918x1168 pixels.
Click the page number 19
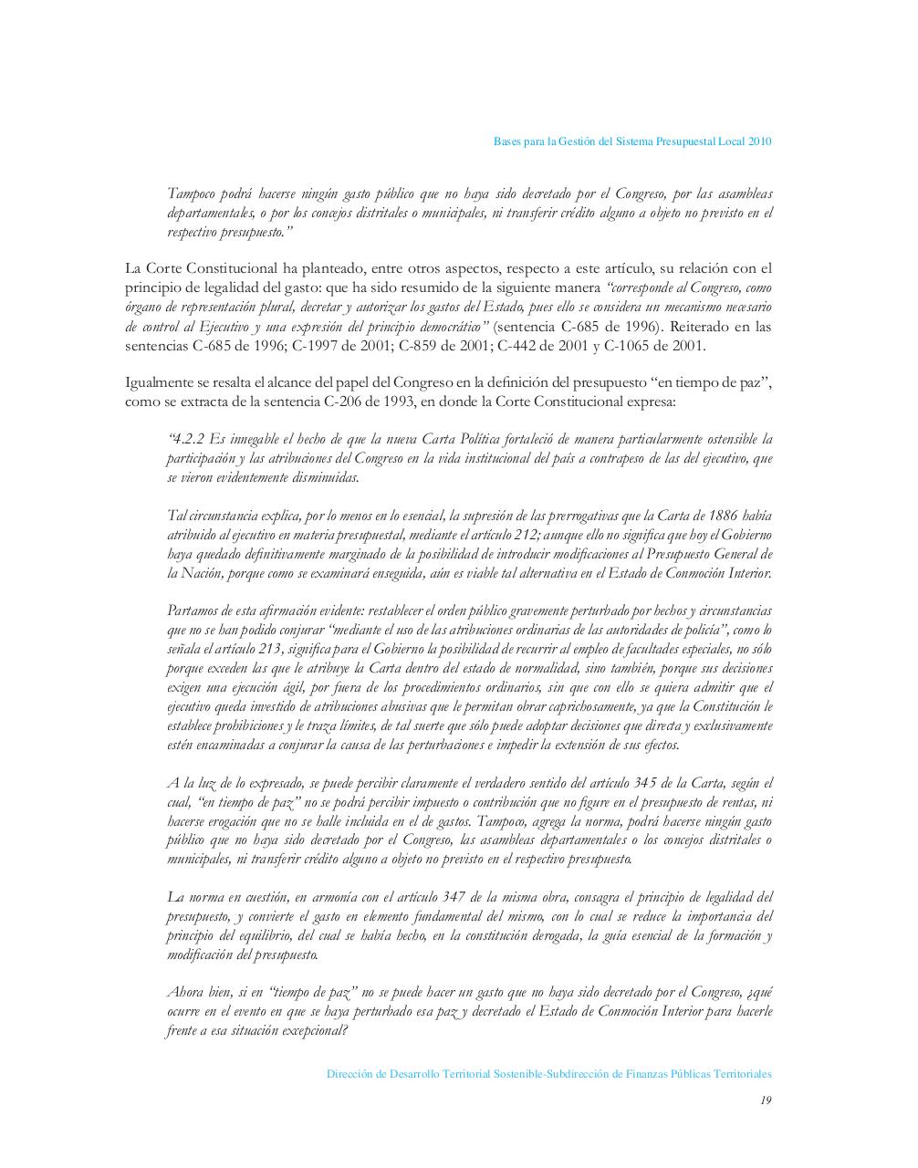(766, 1100)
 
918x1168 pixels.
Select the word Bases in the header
(507, 141)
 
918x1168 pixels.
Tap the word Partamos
(193, 611)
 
